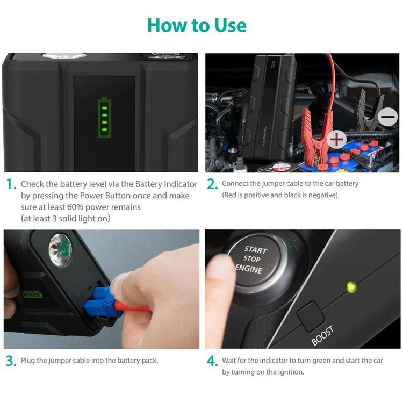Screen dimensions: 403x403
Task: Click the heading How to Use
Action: pos(197,25)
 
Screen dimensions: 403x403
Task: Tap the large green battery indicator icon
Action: pos(104,117)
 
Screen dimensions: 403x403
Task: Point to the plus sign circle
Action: pos(337,139)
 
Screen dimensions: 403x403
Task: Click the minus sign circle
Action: pos(387,117)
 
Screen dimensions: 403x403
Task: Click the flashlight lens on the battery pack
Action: pos(60,249)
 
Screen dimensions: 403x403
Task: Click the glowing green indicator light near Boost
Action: pos(351,287)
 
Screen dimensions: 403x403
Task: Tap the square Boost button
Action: pos(310,316)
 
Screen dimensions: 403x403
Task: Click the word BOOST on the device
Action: pos(322,335)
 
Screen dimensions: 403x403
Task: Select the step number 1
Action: pos(11,184)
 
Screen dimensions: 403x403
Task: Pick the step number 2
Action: pos(212,184)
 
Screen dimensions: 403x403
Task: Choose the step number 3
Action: pos(11,361)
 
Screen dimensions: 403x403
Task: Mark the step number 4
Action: pos(212,361)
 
